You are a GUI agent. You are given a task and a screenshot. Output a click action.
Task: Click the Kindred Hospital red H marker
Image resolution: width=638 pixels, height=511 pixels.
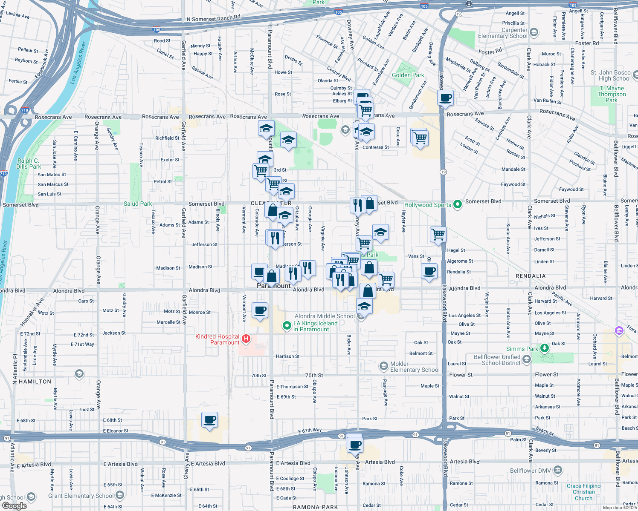point(246,339)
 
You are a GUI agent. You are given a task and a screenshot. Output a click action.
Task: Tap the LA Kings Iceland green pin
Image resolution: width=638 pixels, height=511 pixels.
point(287,326)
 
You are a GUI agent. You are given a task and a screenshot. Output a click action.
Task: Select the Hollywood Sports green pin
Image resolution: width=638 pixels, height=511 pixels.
point(458,204)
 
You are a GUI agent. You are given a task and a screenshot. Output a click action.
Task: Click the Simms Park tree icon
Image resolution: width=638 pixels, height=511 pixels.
point(544,349)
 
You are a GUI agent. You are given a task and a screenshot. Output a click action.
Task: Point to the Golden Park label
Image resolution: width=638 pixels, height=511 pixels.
point(408,75)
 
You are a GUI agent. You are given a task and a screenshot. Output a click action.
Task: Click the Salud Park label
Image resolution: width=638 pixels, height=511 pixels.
point(138,204)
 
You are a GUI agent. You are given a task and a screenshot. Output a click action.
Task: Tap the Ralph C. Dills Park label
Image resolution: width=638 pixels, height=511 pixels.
point(29,164)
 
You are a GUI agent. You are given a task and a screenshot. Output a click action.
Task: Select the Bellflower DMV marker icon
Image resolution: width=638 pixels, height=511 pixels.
point(558,471)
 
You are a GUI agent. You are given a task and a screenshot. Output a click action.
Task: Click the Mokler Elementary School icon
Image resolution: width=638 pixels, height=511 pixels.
point(383,366)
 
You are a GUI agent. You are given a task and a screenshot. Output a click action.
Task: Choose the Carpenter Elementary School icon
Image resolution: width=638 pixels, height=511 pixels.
point(534,32)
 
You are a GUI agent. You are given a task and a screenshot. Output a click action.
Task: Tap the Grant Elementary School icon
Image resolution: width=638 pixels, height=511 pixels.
point(120,495)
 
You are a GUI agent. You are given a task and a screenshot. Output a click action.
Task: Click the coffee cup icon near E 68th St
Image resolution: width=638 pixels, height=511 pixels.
point(209,420)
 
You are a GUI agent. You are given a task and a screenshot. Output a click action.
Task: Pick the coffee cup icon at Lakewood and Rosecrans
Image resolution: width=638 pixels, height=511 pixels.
point(445,98)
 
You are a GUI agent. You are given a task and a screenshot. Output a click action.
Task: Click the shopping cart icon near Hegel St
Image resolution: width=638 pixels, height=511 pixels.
point(438,235)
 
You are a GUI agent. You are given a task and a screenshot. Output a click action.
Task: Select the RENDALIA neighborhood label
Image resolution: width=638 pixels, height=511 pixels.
point(531,276)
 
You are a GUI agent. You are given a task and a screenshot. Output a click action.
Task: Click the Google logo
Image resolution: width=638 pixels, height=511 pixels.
point(14,505)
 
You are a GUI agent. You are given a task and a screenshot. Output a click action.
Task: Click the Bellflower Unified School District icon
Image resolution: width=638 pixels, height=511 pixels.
point(527,360)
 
